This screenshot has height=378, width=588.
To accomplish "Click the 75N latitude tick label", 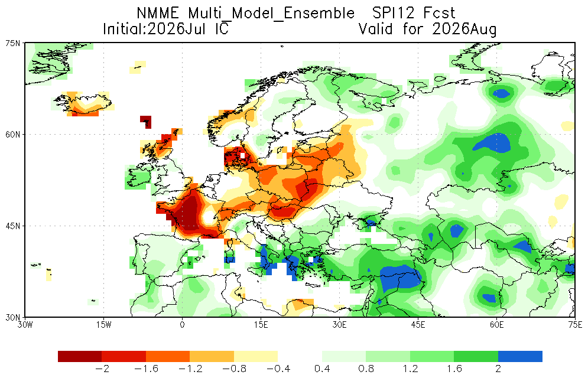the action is pyautogui.click(x=14, y=43).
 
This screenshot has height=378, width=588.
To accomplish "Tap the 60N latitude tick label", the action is pyautogui.click(x=14, y=135).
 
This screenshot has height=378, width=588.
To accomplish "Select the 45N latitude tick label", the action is pyautogui.click(x=14, y=226).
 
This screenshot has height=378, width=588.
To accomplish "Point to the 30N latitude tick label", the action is pyautogui.click(x=14, y=317).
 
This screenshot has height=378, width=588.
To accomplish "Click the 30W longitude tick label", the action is pyautogui.click(x=25, y=325).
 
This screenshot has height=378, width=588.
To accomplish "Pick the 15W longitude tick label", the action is pyautogui.click(x=103, y=325).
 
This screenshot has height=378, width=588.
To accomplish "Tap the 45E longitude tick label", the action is pyautogui.click(x=418, y=325).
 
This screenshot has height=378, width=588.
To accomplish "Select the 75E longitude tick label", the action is pyautogui.click(x=575, y=325).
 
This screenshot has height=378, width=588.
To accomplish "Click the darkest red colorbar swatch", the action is pyautogui.click(x=80, y=356).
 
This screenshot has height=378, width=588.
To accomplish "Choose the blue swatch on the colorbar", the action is pyautogui.click(x=520, y=356).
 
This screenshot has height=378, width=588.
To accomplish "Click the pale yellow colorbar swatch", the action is pyautogui.click(x=256, y=356).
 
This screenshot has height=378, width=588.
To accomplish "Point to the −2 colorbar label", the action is pyautogui.click(x=102, y=369).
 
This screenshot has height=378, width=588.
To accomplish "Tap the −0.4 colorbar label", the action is pyautogui.click(x=278, y=369).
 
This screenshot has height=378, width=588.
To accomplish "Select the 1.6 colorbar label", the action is pyautogui.click(x=454, y=369).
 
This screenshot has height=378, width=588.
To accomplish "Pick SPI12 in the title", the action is pyautogui.click(x=394, y=13).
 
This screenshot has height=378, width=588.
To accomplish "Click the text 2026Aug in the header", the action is pyautogui.click(x=464, y=29).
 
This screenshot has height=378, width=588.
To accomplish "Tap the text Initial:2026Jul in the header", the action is pyautogui.click(x=154, y=29).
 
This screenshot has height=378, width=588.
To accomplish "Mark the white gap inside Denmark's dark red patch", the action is pyautogui.click(x=243, y=155).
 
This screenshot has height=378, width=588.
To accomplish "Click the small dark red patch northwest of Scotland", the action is pyautogui.click(x=146, y=122).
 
